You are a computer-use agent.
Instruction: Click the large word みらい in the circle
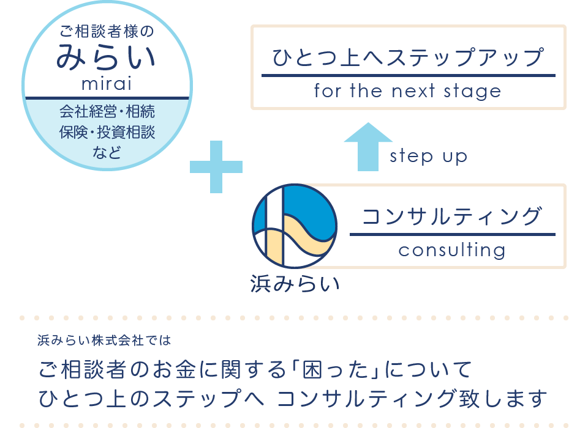[106, 57]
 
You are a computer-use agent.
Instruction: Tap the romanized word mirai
[107, 84]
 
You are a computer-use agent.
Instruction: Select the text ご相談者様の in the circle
[107, 31]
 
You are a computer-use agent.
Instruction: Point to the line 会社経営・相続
[107, 112]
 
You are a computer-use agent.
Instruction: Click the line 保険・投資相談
[107, 132]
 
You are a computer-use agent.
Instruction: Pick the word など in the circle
[107, 153]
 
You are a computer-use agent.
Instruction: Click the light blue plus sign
[216, 167]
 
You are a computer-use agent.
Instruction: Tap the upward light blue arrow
[368, 146]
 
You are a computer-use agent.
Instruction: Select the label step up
[428, 156]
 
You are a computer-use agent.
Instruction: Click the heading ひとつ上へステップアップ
[408, 57]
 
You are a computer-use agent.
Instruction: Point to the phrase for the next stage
[408, 91]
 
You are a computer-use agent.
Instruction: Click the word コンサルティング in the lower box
[452, 216]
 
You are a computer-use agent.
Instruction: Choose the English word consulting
[452, 250]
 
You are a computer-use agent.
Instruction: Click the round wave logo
[295, 226]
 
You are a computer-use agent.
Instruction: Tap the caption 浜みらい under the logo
[295, 284]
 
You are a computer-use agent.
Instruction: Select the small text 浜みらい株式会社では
[104, 340]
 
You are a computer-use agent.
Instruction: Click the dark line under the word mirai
[107, 98]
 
